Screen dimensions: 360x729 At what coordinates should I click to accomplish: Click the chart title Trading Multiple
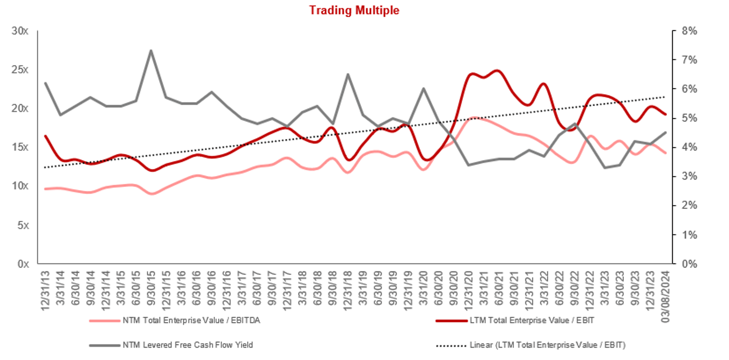354,10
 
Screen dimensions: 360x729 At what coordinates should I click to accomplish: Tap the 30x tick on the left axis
20,31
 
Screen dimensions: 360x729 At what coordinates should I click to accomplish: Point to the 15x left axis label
20,147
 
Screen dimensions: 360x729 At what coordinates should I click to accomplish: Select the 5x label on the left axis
23,225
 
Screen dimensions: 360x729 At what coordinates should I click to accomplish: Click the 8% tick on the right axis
689,31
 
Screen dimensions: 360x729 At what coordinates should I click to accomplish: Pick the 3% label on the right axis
689,176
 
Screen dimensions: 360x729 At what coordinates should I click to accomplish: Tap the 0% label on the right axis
689,264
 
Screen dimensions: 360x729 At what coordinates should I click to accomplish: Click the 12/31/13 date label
45,290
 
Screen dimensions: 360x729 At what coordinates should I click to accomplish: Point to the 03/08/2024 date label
665,296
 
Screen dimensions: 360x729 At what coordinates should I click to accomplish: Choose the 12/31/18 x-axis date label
347,290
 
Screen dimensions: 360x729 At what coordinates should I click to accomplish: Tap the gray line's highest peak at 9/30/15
151,51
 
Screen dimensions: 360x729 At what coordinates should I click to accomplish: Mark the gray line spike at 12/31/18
348,74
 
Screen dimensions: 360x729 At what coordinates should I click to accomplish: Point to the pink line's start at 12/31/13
45,189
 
